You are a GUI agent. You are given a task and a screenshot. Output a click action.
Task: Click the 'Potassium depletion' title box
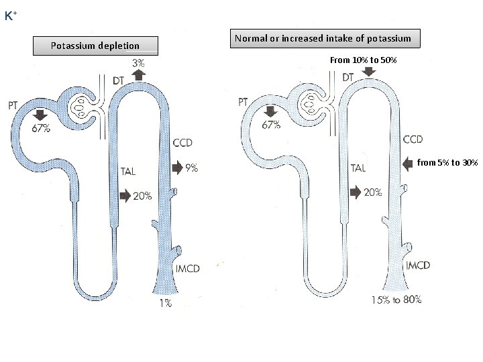coord(95,46)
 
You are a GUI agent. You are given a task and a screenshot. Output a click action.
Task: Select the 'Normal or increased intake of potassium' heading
coord(327,39)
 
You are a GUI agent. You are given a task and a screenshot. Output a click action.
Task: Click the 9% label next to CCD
coord(191,168)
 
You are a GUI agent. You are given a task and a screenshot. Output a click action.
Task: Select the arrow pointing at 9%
coord(177,168)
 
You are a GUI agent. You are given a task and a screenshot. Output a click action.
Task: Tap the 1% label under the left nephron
coord(165,304)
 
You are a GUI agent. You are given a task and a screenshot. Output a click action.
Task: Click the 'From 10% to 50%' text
coord(363,60)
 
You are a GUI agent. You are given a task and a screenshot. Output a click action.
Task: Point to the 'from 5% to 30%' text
coord(447,163)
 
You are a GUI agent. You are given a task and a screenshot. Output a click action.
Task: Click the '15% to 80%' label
coord(396,300)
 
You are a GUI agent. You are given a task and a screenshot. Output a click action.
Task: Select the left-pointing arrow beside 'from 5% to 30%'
coord(409,163)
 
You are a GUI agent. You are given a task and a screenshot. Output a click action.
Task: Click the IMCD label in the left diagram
coord(187,269)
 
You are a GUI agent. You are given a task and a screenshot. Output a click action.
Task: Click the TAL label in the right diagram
coord(358,168)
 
